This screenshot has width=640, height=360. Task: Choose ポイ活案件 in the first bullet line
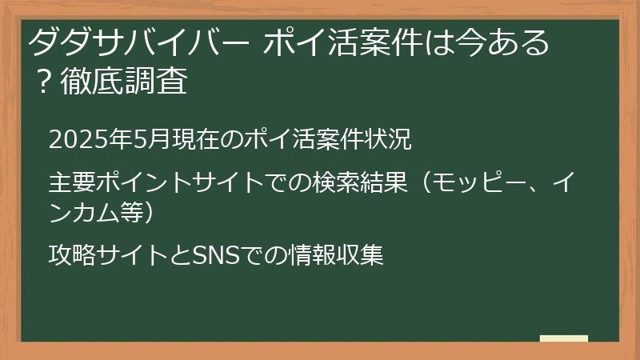click(287, 139)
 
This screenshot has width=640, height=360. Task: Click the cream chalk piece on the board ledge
click(563, 338)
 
